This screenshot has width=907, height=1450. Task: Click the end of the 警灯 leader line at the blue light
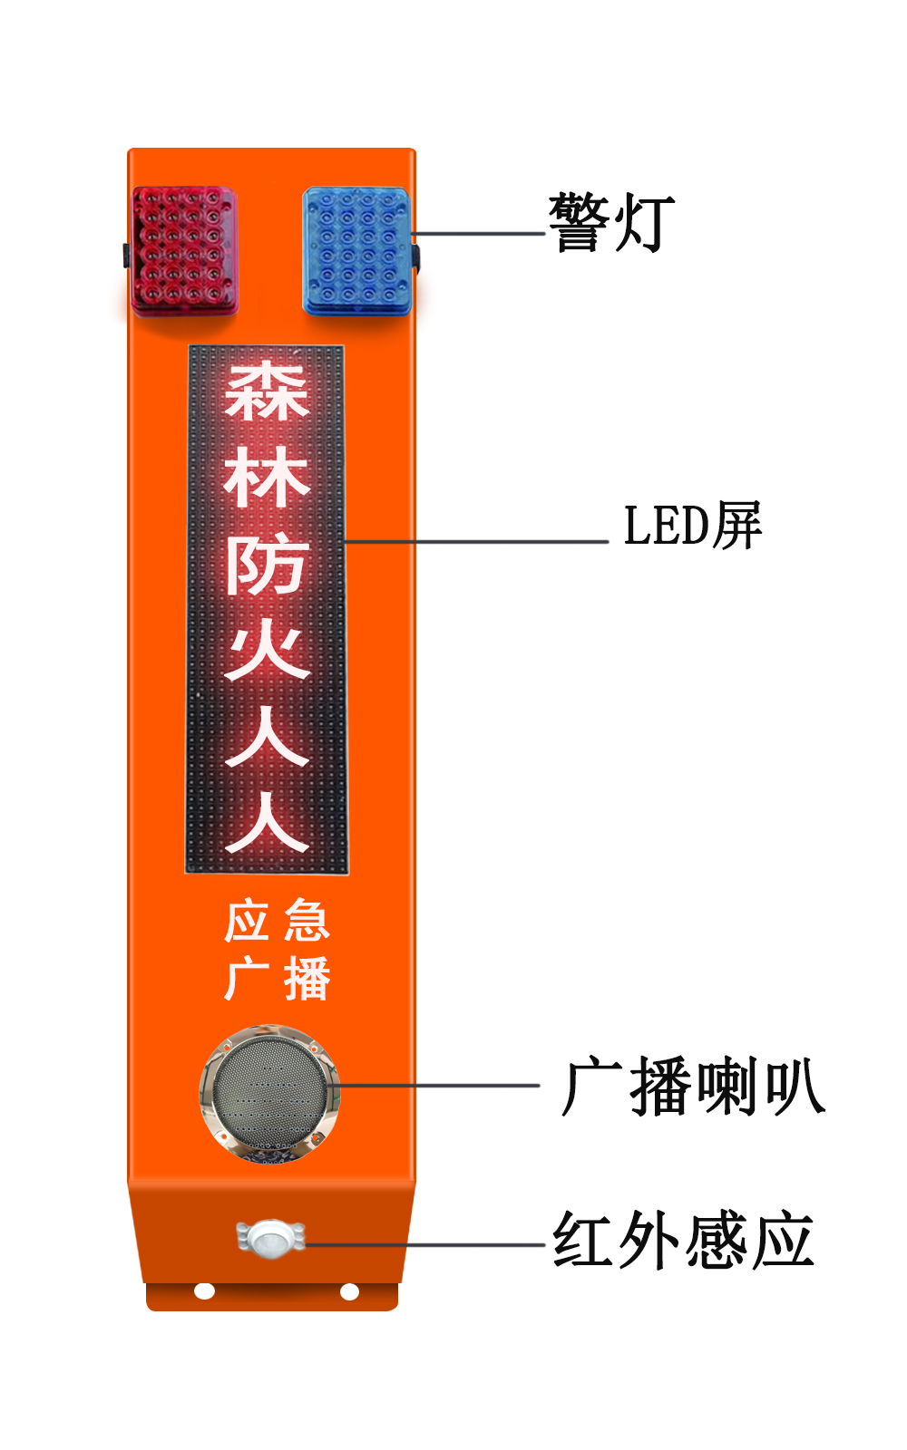coord(412,233)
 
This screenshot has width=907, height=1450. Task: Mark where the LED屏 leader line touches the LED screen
coord(346,541)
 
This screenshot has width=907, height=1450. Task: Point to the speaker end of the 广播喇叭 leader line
coord(336,1085)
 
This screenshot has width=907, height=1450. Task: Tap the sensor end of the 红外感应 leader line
coord(306,1244)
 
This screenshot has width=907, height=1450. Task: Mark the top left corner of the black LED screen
coord(189,345)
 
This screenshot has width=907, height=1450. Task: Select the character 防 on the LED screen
coord(267,566)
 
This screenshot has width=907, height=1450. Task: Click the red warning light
coord(184,251)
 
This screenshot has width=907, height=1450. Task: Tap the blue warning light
coord(357,251)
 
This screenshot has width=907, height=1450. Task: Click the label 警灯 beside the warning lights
coord(611,222)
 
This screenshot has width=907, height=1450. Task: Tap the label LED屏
coord(693,526)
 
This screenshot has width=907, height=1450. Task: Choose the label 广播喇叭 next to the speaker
coord(693,1087)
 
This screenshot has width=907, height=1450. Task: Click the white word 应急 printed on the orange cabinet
coord(278,920)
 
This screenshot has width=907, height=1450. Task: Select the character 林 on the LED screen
coord(267,479)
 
